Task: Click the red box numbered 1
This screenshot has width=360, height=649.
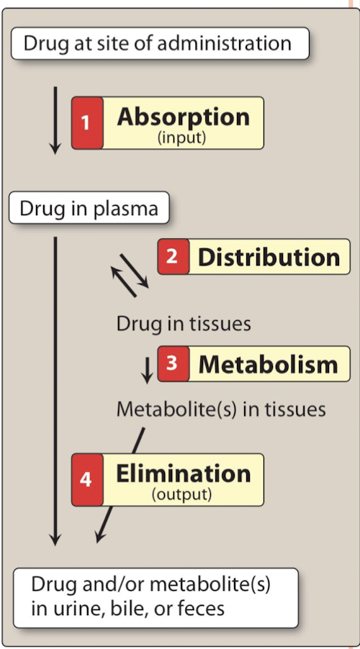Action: [86, 123]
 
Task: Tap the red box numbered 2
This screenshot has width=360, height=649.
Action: [173, 257]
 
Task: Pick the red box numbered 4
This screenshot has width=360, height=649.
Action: [86, 479]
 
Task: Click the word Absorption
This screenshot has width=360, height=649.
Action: [183, 117]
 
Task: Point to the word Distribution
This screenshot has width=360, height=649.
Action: [269, 257]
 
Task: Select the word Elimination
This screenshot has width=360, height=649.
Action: [183, 473]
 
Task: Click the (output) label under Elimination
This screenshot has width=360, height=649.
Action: [181, 494]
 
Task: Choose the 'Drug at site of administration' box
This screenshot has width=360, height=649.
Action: [159, 43]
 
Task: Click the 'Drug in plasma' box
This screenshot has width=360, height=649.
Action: [89, 209]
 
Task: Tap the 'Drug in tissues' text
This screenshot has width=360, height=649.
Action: [184, 323]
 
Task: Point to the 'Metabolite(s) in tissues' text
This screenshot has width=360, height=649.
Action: [221, 409]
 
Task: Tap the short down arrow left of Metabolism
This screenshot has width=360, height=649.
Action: [147, 368]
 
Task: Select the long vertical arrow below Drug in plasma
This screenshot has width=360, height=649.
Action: [55, 389]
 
